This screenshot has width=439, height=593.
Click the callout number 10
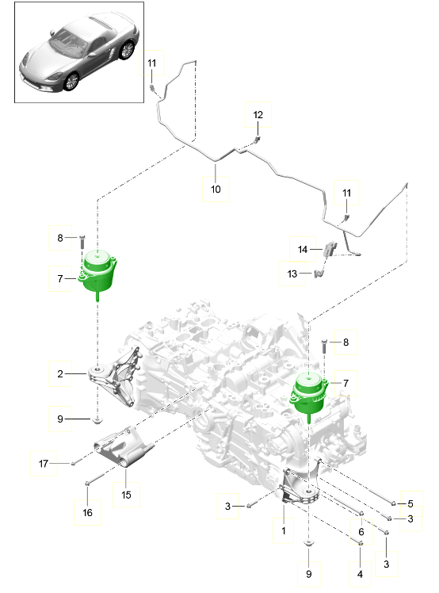pyautogui.click(x=216, y=189)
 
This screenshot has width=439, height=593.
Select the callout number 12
pyautogui.click(x=258, y=115)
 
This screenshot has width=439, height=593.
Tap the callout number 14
pyautogui.click(x=303, y=249)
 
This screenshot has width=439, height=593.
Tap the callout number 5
pyautogui.click(x=410, y=503)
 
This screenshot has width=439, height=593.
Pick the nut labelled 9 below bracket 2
pyautogui.click(x=97, y=418)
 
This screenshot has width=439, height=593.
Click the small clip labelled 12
pyautogui.click(x=258, y=140)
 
